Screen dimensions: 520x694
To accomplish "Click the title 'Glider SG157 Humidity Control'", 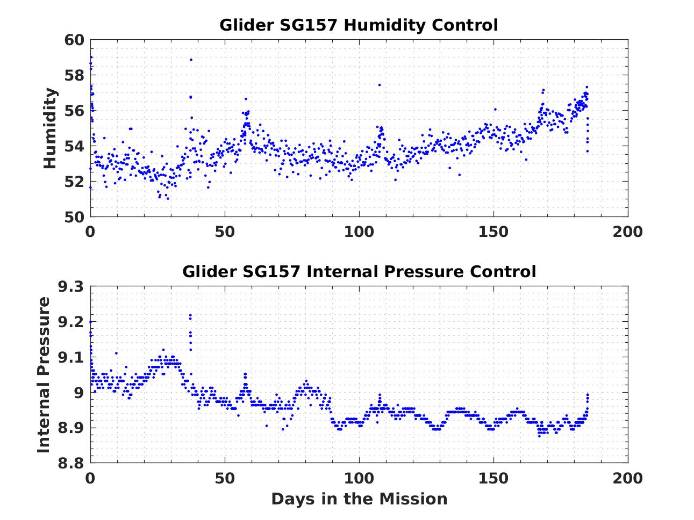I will pyautogui.click(x=359, y=25).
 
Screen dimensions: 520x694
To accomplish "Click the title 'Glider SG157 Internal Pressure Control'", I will pyautogui.click(x=359, y=271).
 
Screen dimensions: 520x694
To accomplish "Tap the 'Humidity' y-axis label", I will pyautogui.click(x=50, y=128).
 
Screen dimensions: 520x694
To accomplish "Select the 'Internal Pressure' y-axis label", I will pyautogui.click(x=44, y=374).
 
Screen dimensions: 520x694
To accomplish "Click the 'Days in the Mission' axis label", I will pyautogui.click(x=359, y=499).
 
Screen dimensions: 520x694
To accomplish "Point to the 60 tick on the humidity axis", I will pyautogui.click(x=74, y=40).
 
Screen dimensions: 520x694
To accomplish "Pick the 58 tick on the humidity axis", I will pyautogui.click(x=74, y=76).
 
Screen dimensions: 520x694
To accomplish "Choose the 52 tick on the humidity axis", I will pyautogui.click(x=74, y=182).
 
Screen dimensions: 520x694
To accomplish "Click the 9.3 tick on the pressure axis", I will pyautogui.click(x=70, y=287).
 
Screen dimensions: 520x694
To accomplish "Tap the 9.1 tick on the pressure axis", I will pyautogui.click(x=70, y=357).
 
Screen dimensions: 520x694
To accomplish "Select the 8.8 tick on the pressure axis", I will pyautogui.click(x=70, y=463).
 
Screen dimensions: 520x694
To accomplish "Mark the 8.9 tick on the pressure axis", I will pyautogui.click(x=70, y=428).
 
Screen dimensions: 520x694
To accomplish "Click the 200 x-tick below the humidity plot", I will pyautogui.click(x=627, y=232).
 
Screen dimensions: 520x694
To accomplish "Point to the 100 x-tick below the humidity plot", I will pyautogui.click(x=359, y=232).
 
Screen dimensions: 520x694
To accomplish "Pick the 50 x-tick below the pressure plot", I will pyautogui.click(x=225, y=478).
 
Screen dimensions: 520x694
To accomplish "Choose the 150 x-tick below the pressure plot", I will pyautogui.click(x=493, y=478).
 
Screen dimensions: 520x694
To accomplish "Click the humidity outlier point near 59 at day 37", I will pyautogui.click(x=191, y=60).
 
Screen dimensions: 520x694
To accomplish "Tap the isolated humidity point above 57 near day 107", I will pyautogui.click(x=379, y=85).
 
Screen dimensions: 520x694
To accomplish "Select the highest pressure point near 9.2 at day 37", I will pyautogui.click(x=190, y=315).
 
